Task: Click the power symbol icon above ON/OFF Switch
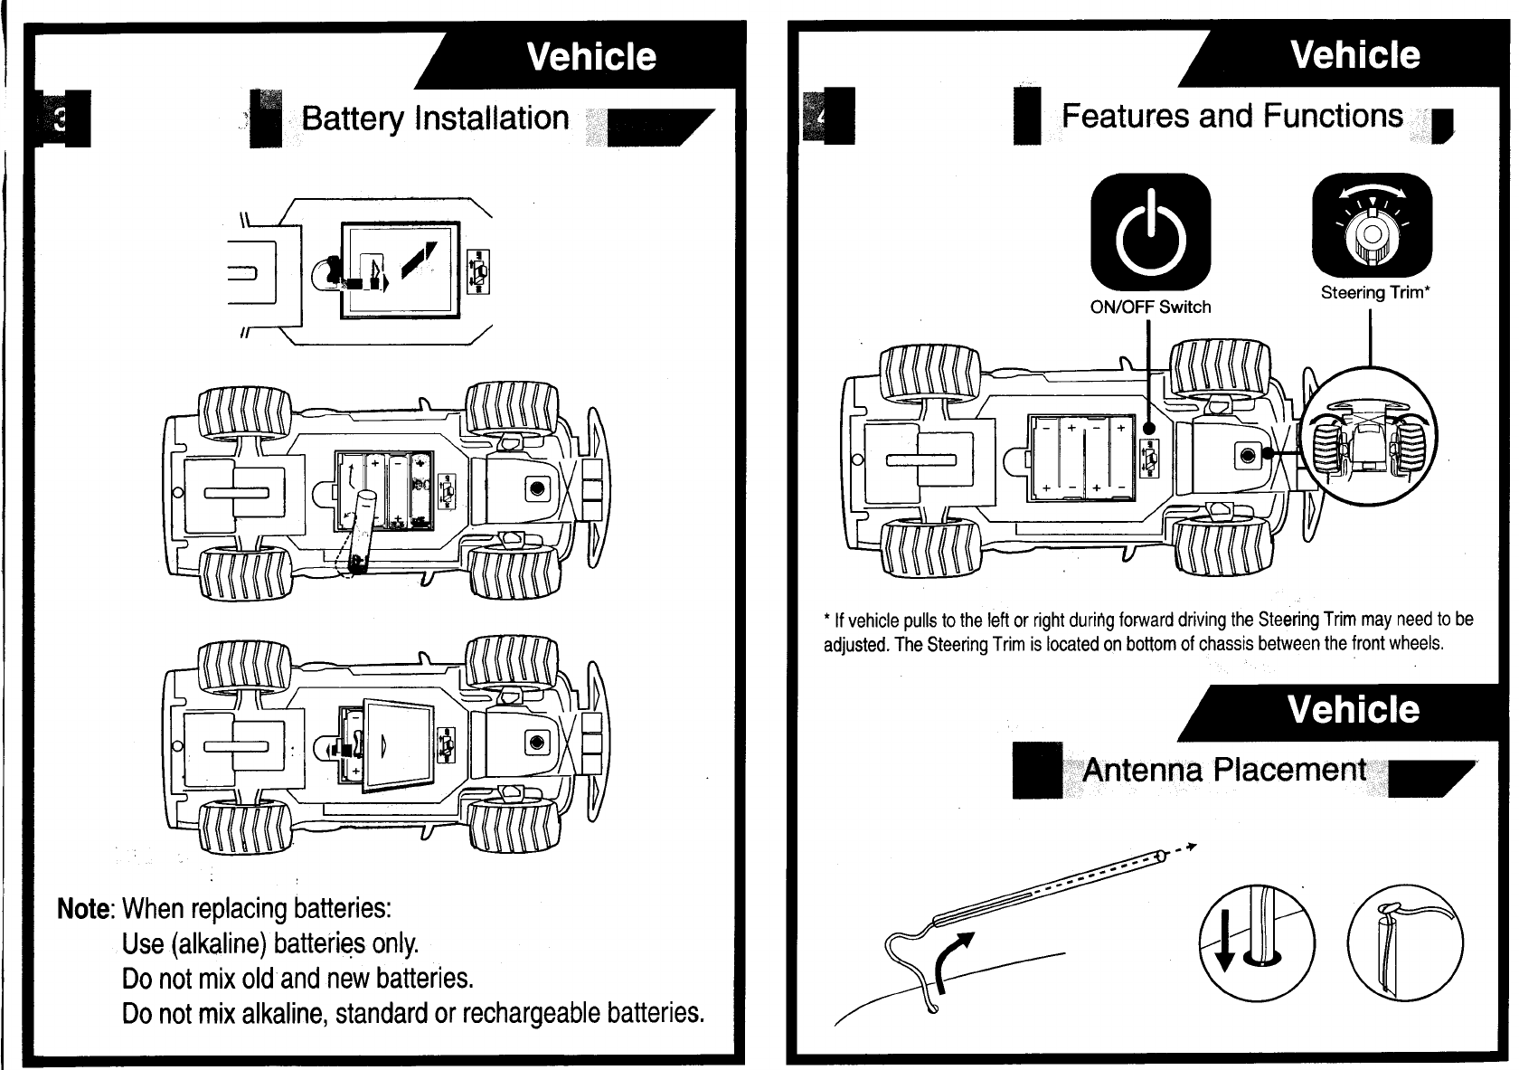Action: [x=1149, y=232]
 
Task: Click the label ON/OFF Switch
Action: [x=1150, y=307]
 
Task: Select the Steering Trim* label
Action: [x=1373, y=292]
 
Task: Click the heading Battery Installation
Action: [x=435, y=118]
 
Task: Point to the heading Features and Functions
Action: [x=1231, y=116]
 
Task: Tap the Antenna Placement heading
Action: [x=1223, y=770]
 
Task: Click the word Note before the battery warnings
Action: [x=84, y=908]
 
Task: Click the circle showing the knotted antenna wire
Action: [x=1404, y=941]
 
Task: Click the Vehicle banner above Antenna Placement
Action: [x=1354, y=710]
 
